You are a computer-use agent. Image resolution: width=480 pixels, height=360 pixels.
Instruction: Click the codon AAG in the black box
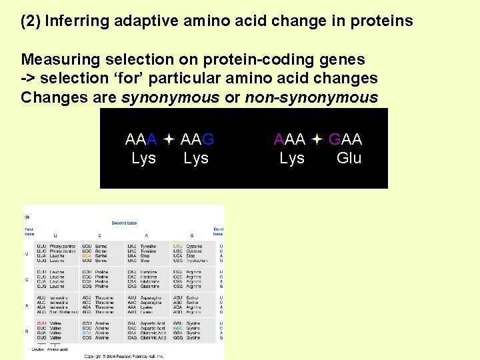(x=197, y=139)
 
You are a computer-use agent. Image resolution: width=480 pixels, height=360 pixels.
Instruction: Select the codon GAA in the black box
(x=345, y=139)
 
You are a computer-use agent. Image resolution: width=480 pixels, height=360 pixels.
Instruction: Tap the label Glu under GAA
(x=349, y=158)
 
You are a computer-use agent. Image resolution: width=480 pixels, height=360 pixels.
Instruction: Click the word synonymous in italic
(x=170, y=97)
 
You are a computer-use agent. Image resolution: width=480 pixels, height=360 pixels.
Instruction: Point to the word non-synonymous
(x=311, y=97)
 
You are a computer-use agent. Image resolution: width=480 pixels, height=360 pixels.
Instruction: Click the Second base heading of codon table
(x=124, y=223)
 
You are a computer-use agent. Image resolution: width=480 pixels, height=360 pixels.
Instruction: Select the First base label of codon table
(x=29, y=232)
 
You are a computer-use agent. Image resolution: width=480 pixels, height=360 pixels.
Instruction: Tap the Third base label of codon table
(x=218, y=232)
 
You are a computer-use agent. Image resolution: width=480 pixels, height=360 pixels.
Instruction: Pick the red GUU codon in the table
(x=41, y=323)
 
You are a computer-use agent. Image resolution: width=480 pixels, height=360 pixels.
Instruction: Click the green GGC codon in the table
(x=178, y=328)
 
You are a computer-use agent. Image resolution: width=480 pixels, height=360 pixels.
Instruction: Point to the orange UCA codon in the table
(x=86, y=255)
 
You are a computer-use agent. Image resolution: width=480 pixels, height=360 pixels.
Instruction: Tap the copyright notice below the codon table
(x=124, y=357)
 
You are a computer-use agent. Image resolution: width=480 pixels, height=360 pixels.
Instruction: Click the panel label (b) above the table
(x=27, y=216)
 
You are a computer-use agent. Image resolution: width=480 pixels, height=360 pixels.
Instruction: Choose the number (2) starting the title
(x=31, y=21)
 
